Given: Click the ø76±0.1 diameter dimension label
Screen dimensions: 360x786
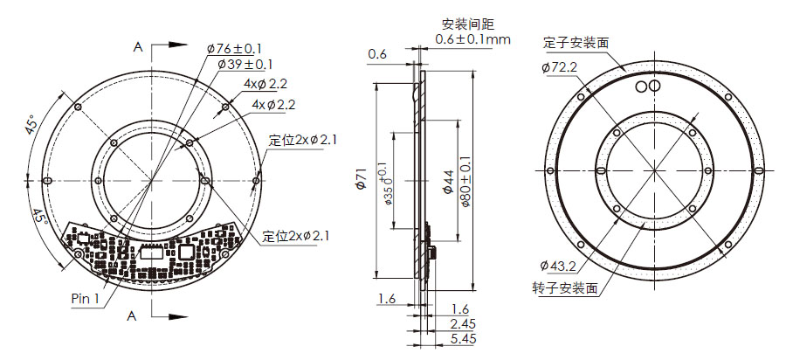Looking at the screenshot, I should (235, 48).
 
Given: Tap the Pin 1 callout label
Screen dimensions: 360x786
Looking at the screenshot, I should (86, 298).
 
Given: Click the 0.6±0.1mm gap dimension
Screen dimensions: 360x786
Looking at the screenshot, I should (472, 39).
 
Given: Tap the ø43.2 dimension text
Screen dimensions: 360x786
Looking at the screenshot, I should (559, 266).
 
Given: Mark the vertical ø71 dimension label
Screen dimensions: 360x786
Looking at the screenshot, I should (360, 181).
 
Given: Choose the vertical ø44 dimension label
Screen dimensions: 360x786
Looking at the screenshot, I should (446, 181).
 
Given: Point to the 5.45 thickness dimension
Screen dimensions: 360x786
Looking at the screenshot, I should (463, 338).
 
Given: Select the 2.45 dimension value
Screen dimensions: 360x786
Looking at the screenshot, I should (463, 323).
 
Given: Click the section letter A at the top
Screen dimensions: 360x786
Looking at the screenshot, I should (137, 47).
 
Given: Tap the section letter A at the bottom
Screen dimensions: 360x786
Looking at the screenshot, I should (133, 314).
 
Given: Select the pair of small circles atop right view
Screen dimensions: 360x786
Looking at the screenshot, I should (647, 87).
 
